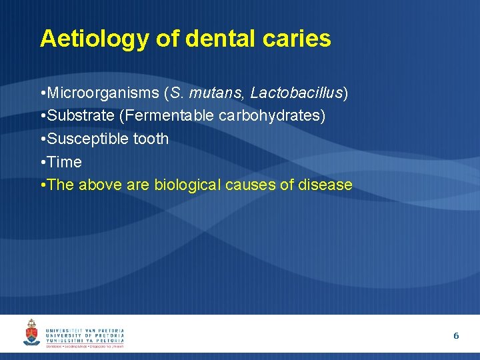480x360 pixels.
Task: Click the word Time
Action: click(65, 162)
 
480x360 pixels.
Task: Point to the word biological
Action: click(188, 185)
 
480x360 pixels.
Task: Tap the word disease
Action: click(325, 185)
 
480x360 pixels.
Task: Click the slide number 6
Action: click(456, 336)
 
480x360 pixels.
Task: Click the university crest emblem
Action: click(31, 333)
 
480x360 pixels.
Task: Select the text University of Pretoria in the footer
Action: click(85, 336)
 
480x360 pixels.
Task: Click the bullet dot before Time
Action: click(43, 162)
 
